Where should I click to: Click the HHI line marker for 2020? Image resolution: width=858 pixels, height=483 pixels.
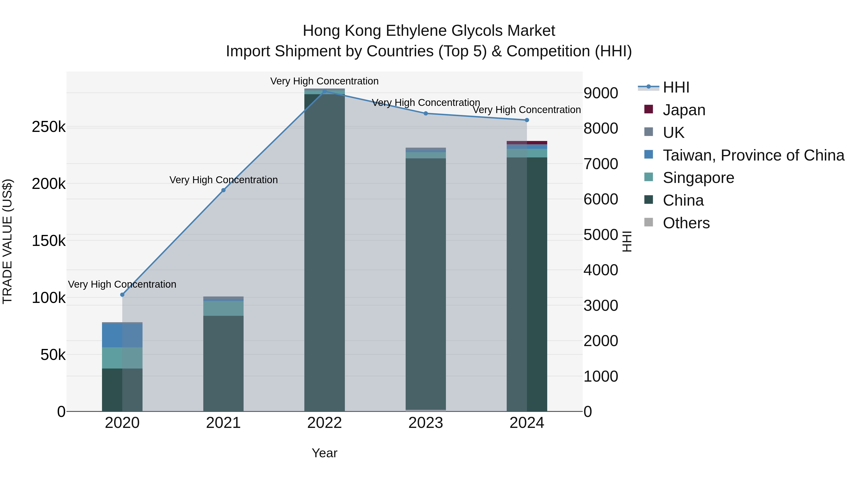coord(122,295)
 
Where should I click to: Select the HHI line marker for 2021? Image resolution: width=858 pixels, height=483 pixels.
coord(224,190)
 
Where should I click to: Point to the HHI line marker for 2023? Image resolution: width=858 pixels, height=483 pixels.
coord(426,113)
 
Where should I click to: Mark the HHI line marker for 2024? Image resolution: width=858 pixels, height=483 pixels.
coord(527,120)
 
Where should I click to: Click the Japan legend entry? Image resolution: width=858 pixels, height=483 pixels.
coord(684,110)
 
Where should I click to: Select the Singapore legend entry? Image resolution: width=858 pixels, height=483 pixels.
coord(698,178)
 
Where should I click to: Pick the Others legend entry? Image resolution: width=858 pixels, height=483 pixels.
coord(686,223)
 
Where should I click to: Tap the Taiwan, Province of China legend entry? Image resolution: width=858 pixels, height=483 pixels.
coord(753,155)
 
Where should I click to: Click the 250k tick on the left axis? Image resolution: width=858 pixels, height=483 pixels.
coord(49,127)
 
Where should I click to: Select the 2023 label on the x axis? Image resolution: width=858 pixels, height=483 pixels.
coord(426,423)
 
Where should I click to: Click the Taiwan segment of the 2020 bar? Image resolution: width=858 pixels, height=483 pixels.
coord(122,335)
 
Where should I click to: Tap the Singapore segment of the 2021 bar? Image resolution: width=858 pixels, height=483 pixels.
coord(224,308)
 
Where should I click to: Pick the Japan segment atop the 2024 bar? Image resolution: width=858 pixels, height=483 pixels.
coord(527,143)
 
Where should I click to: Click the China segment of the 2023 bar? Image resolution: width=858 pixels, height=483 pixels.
coord(426,283)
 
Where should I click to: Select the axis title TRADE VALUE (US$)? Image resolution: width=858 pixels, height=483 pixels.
coord(7,241)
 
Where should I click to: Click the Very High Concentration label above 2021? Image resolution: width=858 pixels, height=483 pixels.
coord(224,180)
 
